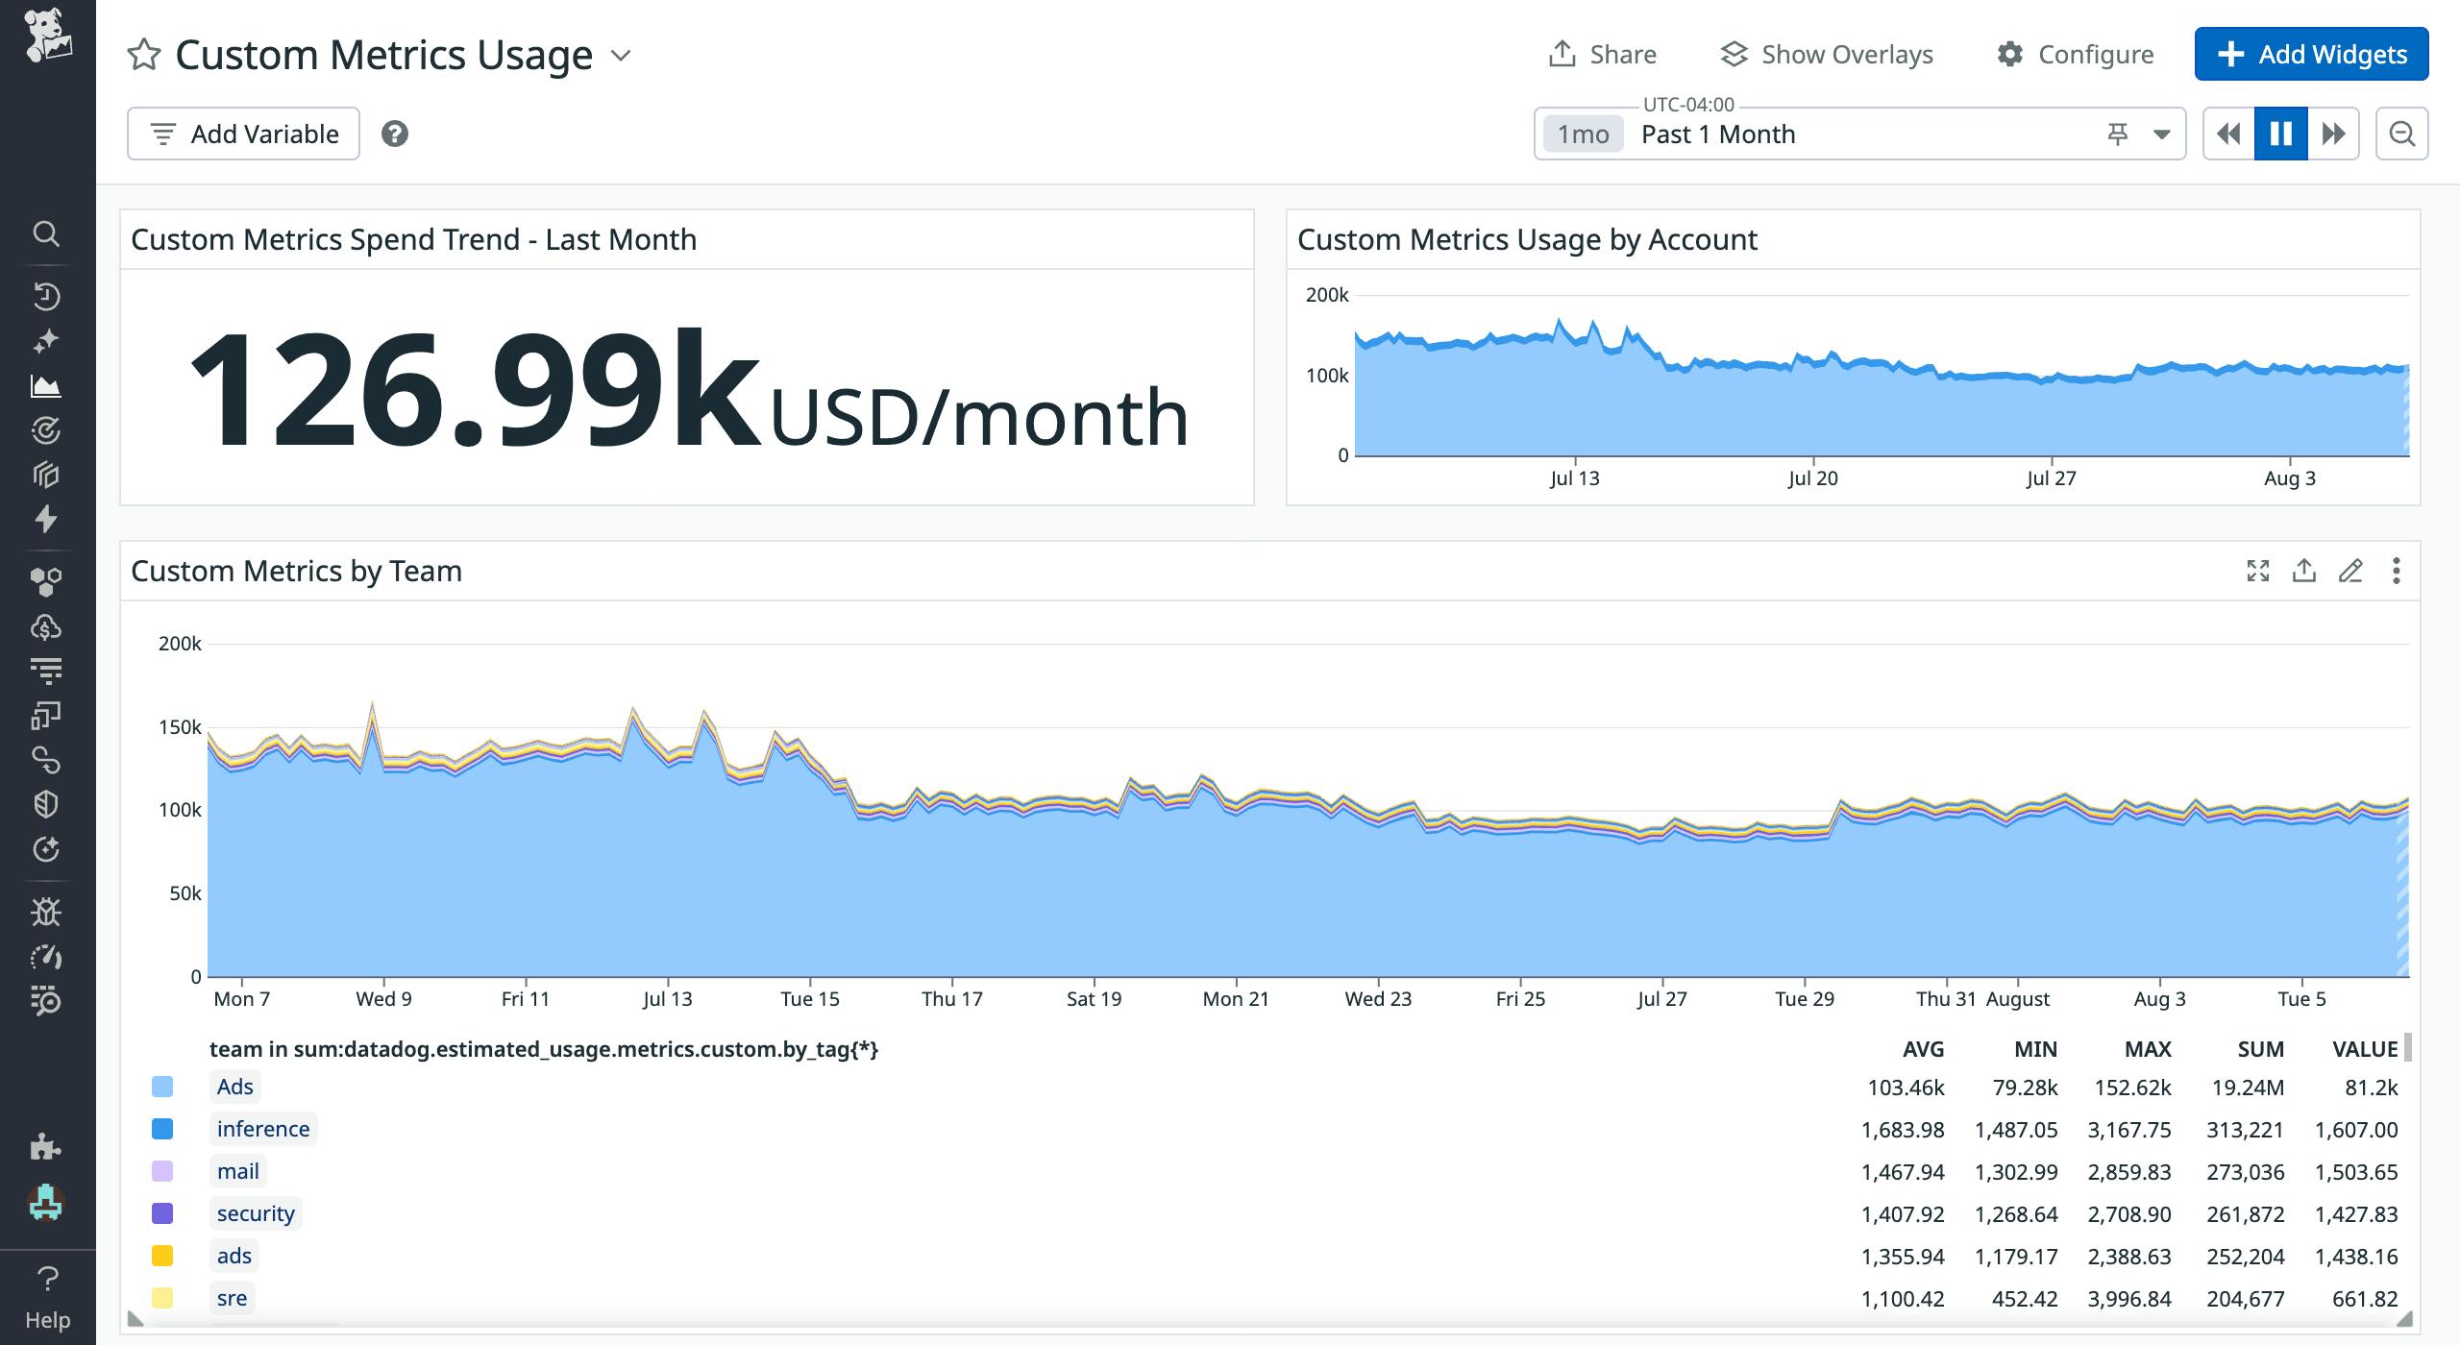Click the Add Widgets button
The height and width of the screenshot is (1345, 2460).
coord(2311,54)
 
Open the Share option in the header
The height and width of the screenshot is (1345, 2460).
coord(1603,54)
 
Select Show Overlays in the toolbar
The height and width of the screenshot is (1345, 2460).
coord(1827,54)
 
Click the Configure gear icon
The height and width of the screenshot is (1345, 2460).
coord(2010,54)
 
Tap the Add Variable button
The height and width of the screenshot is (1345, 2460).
coord(243,134)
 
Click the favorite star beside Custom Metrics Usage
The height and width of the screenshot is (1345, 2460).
coord(144,55)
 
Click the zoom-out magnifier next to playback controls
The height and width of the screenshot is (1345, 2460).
coord(2401,134)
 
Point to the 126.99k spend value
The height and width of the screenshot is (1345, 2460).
coord(475,389)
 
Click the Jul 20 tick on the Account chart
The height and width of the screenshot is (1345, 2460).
coord(1812,478)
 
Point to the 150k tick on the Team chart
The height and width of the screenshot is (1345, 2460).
coord(180,727)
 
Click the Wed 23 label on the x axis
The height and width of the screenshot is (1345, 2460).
coord(1378,999)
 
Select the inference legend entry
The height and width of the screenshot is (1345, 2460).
coord(263,1129)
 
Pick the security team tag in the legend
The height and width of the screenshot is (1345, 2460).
coord(256,1213)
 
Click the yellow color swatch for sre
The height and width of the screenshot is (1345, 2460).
coord(162,1298)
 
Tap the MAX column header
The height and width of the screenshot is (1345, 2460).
coord(2148,1049)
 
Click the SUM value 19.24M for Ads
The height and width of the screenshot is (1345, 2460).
coord(2245,1088)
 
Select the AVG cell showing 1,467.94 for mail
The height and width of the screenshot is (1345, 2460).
coord(1903,1172)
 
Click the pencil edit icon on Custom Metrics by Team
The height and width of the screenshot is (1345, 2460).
coord(2350,571)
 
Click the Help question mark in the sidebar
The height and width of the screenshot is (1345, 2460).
coord(47,1279)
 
